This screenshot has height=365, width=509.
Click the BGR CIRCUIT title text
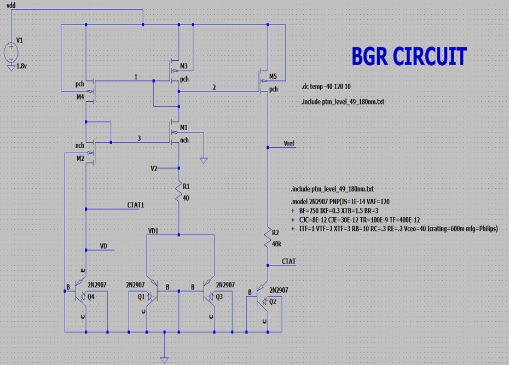click(408, 56)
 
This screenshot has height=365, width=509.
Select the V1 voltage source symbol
click(11, 52)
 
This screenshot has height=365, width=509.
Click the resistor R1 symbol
click(179, 190)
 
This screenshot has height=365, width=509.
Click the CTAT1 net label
click(136, 205)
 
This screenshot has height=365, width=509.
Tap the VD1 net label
click(154, 231)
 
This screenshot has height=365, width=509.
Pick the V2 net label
click(154, 168)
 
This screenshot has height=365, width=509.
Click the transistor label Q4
click(91, 297)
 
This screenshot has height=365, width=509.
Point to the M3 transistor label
click(183, 66)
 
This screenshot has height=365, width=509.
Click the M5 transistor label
click(273, 76)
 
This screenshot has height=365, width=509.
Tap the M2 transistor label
click(80, 158)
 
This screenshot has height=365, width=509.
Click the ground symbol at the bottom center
click(164, 359)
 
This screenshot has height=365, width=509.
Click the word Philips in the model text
click(486, 229)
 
